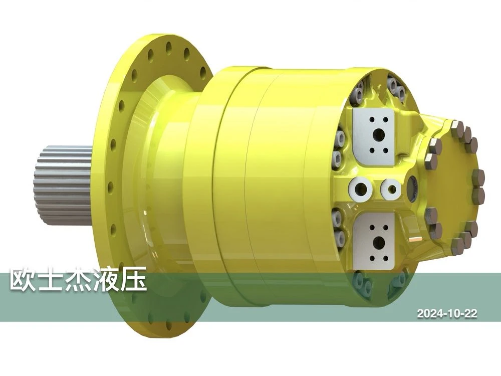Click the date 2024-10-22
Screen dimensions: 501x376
tap(447, 313)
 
